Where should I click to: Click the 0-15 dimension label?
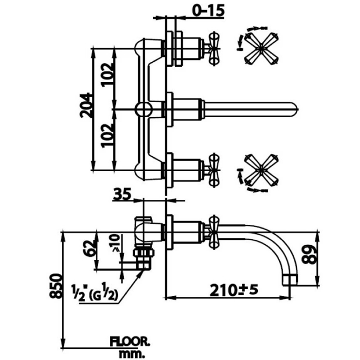click(x=204, y=11)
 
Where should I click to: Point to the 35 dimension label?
click(x=123, y=195)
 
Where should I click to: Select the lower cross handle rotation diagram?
click(x=261, y=172)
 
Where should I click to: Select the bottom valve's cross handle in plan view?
click(x=212, y=170)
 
